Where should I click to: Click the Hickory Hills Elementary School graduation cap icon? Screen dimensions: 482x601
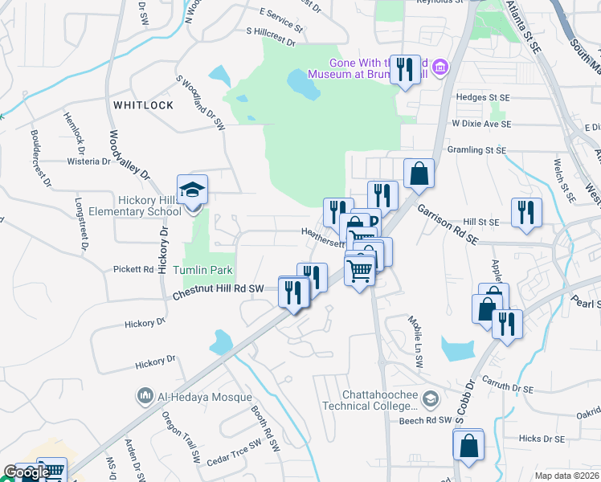tap(192, 190)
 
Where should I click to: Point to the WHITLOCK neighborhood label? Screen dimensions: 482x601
tap(143, 105)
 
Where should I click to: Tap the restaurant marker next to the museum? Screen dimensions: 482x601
tap(405, 68)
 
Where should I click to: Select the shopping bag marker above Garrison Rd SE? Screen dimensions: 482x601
tap(419, 173)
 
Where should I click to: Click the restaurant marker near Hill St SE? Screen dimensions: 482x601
tap(526, 213)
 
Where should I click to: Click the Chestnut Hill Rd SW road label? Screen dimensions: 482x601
tap(218, 290)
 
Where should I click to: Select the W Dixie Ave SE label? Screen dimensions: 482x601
tap(480, 125)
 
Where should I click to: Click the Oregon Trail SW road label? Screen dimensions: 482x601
tap(181, 436)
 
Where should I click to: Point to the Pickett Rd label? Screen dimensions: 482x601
tap(133, 269)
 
